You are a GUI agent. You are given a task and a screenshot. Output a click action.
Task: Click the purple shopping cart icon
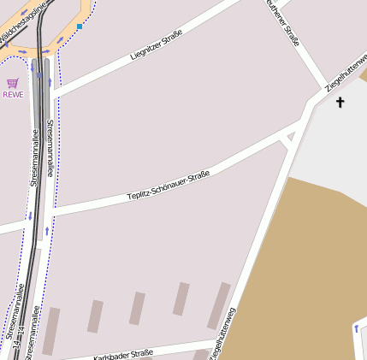[x=12, y=83]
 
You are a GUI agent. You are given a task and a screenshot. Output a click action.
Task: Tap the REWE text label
[x=13, y=94]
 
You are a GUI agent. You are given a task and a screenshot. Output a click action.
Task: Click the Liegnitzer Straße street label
[x=157, y=44]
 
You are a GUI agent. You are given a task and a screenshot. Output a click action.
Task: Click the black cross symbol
[x=340, y=103]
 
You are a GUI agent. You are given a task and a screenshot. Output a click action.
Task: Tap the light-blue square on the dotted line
[x=80, y=27]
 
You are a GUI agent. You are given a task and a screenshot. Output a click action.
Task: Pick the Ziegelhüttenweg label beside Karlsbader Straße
[x=222, y=333]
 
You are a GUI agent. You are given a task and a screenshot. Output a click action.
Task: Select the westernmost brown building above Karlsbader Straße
[x=51, y=331]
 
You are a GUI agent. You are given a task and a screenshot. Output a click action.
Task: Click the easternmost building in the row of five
[x=219, y=305]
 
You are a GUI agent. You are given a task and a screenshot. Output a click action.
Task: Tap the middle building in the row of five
[x=137, y=309]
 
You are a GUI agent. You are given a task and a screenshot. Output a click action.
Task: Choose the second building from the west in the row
[x=95, y=316]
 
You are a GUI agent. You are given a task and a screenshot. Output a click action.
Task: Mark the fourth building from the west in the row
[x=181, y=299]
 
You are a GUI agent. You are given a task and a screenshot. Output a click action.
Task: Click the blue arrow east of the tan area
[x=356, y=328]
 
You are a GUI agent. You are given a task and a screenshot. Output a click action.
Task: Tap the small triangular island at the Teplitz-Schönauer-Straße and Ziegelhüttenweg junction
[x=287, y=138]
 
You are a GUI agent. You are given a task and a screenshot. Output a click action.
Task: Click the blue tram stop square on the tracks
[x=39, y=75]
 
